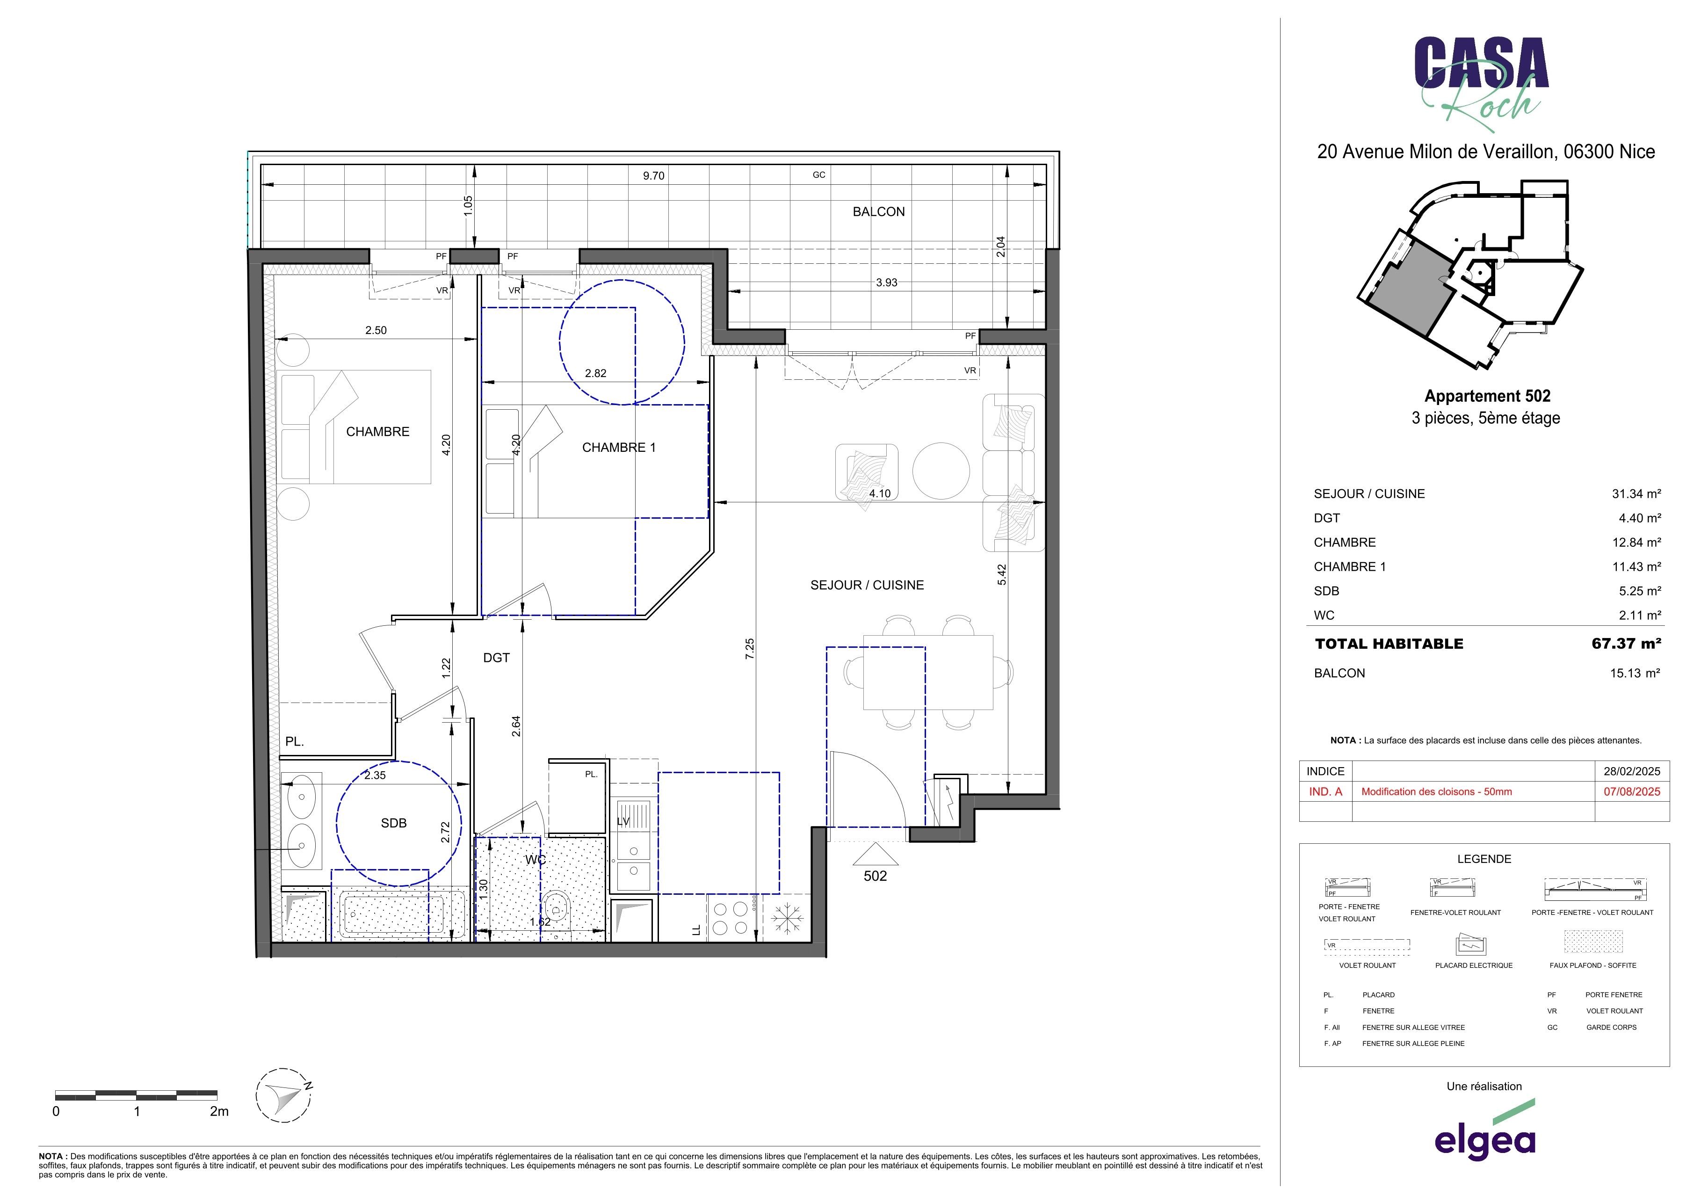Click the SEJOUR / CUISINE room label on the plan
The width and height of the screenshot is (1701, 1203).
coord(867,585)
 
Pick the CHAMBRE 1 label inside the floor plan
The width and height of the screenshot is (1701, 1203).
coord(619,448)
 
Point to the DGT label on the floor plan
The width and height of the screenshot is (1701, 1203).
coord(496,658)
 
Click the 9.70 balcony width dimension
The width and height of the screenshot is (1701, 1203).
coord(653,175)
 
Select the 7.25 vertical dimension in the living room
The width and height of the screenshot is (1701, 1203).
coord(750,649)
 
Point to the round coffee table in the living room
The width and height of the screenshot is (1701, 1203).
coord(941,471)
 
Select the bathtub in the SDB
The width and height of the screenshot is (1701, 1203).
coord(395,916)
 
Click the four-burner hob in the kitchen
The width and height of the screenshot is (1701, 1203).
coord(730,919)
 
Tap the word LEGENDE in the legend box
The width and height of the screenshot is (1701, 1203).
coord(1484,859)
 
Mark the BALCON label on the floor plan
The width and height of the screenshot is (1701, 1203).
coord(879,212)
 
